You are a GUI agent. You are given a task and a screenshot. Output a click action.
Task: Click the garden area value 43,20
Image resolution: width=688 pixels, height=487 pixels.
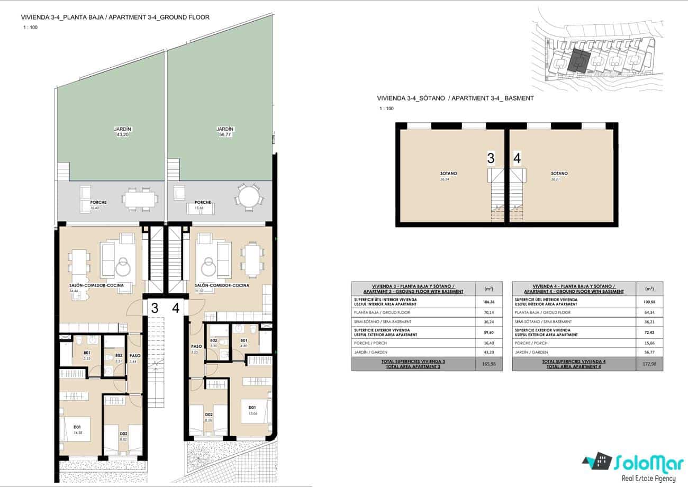[x=122, y=135]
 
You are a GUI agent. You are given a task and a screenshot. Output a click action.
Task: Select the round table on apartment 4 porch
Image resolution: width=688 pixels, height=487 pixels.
[x=249, y=198]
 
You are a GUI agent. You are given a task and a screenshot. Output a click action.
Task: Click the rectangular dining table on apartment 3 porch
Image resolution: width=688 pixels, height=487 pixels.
[x=140, y=199]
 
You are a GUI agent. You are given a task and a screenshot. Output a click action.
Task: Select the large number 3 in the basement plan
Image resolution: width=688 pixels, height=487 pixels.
[x=491, y=158]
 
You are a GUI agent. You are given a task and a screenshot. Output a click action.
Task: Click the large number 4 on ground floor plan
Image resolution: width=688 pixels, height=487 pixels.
[x=176, y=308]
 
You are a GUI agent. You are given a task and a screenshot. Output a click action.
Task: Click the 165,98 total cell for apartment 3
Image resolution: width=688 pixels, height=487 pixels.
[x=490, y=364]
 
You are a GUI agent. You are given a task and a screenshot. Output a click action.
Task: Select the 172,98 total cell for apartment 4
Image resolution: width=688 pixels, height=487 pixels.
[x=650, y=364]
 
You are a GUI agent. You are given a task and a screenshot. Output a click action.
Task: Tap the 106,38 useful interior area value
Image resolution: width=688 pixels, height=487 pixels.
[x=490, y=302]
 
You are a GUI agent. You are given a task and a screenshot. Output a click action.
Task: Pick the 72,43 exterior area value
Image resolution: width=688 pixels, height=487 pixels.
[x=650, y=332]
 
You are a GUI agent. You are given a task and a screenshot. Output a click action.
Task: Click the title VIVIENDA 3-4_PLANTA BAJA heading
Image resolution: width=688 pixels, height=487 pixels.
[x=115, y=17]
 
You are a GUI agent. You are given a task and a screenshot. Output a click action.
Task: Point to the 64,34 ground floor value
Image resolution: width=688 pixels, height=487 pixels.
[x=650, y=312]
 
